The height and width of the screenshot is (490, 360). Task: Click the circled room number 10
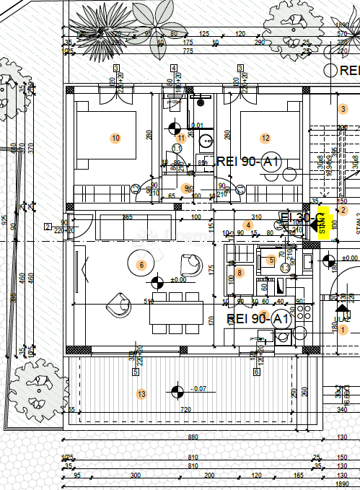click(115, 137)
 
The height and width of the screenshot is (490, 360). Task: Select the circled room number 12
click(265, 138)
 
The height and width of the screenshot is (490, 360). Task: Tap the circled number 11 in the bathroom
click(181, 137)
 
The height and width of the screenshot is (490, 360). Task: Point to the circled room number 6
click(141, 265)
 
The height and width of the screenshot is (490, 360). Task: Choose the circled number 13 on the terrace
click(141, 393)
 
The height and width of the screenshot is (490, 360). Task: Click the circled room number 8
click(240, 273)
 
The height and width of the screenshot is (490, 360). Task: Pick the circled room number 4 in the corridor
click(248, 225)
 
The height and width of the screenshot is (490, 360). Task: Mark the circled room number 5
click(271, 260)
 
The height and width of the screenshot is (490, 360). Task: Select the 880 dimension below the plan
click(193, 437)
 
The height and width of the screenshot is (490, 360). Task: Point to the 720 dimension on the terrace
click(185, 409)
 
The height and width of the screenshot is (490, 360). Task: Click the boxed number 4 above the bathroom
click(174, 69)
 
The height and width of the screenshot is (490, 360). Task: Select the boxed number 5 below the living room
click(135, 372)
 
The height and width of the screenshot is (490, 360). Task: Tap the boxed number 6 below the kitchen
click(256, 372)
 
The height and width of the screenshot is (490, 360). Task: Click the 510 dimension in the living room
click(149, 302)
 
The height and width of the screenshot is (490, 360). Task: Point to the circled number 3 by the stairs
click(343, 109)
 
